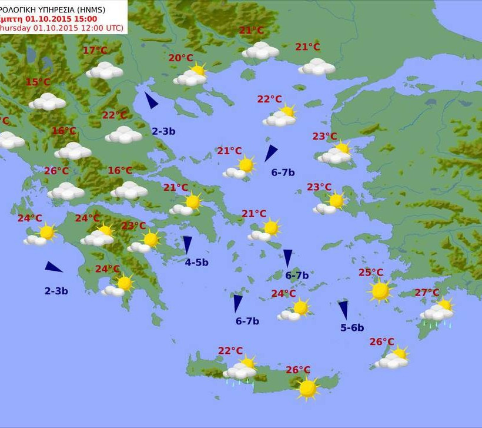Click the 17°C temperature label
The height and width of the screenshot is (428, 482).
point(95,51)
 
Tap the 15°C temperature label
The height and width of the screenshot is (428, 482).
point(38,82)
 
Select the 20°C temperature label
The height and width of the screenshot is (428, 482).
point(180,58)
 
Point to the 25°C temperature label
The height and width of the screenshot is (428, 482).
point(371,273)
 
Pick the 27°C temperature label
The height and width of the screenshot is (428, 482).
point(427,293)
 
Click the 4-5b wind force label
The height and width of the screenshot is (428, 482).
point(196,263)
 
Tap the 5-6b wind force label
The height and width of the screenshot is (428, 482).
point(352,328)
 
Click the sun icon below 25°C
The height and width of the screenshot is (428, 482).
point(380,291)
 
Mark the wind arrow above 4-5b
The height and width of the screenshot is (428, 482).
point(188,244)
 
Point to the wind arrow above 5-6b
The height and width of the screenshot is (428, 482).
point(343,310)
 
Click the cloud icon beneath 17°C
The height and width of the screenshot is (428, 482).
point(105,71)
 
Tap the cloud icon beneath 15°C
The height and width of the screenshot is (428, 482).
point(48,102)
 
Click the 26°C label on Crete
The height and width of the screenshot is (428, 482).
point(298,370)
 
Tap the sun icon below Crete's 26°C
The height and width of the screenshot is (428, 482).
point(307,388)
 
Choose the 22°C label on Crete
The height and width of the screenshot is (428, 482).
point(230,351)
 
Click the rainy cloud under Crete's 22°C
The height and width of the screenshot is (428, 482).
point(239,372)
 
